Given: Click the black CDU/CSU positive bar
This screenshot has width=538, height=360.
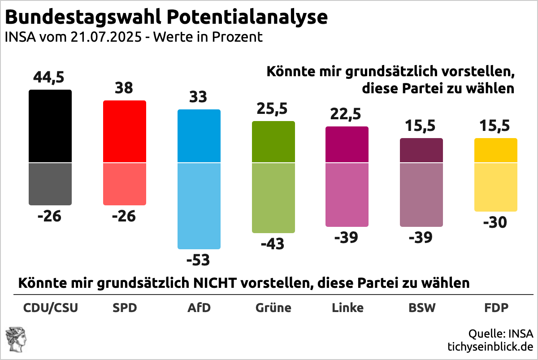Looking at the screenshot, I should pyautogui.click(x=50, y=126).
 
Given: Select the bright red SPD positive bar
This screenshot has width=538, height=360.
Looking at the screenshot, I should pyautogui.click(x=125, y=131).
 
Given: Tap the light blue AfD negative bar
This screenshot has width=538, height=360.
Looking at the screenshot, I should pyautogui.click(x=199, y=205).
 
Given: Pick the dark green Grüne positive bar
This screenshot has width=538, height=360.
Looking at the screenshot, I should pyautogui.click(x=273, y=142).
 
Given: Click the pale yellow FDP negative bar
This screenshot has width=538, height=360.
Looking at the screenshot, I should pyautogui.click(x=496, y=187).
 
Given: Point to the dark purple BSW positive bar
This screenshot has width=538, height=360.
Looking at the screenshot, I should pyautogui.click(x=421, y=150).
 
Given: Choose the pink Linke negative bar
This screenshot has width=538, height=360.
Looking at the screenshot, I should pyautogui.click(x=347, y=194).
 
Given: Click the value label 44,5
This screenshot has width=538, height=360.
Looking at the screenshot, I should pyautogui.click(x=49, y=77).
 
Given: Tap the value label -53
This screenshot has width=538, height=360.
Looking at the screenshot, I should pyautogui.click(x=199, y=260).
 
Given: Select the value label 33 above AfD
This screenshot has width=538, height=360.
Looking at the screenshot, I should pyautogui.click(x=199, y=97).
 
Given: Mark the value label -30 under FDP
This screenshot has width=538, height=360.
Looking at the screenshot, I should pyautogui.click(x=496, y=222).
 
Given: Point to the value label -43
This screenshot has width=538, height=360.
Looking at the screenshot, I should pyautogui.click(x=273, y=244).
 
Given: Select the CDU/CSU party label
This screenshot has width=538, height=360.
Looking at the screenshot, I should pyautogui.click(x=50, y=308).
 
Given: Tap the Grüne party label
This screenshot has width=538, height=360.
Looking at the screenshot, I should pyautogui.click(x=273, y=308).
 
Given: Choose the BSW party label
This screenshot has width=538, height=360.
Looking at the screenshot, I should pyautogui.click(x=421, y=308).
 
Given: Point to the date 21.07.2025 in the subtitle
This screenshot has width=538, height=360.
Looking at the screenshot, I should pyautogui.click(x=107, y=37).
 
